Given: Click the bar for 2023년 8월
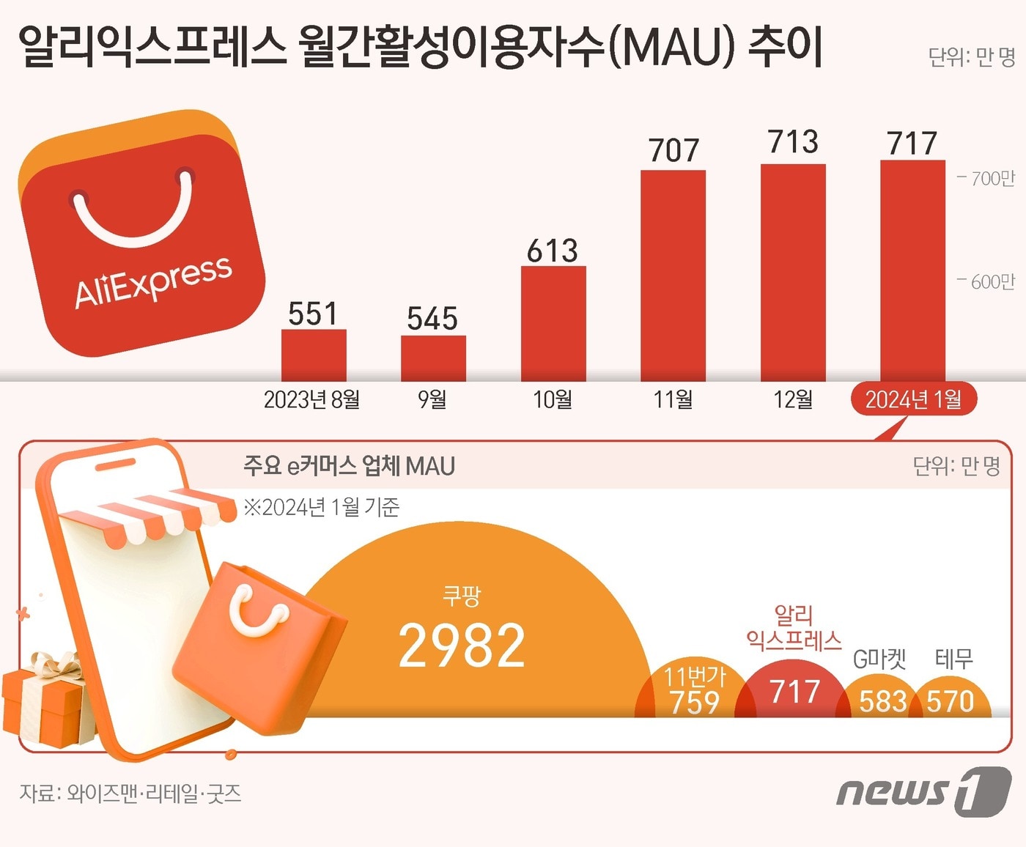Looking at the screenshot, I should [314, 355].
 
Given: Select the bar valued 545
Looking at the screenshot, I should [433, 358].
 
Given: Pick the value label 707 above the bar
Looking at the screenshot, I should [673, 151].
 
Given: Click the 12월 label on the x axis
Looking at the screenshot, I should [793, 399].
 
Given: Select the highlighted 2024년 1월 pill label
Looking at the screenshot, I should [913, 399].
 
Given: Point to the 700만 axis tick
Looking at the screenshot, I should [987, 178].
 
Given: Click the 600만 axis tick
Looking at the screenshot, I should [987, 281].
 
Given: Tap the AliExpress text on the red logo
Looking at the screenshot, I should [153, 282].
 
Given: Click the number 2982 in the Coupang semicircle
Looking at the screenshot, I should [462, 646].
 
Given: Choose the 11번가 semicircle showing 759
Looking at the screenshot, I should [693, 692].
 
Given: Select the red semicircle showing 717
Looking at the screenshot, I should [794, 692].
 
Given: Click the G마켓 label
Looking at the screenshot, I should [880, 659].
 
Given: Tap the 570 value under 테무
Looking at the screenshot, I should [951, 702].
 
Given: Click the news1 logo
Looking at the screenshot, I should [923, 791].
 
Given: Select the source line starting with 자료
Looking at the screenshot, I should [130, 794].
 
